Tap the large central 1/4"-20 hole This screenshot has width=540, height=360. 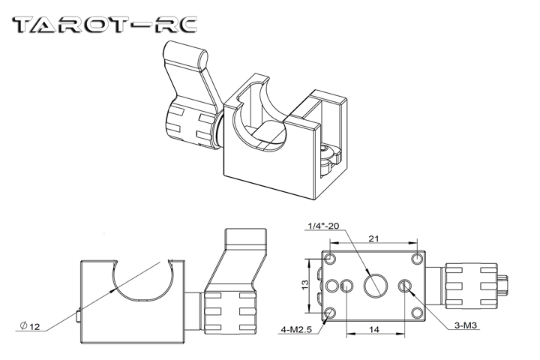click(x=375, y=285)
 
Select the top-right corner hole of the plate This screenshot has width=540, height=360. click(x=417, y=259)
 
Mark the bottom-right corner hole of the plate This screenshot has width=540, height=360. click(x=417, y=311)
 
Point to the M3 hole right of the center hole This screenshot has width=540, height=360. click(x=406, y=285)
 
